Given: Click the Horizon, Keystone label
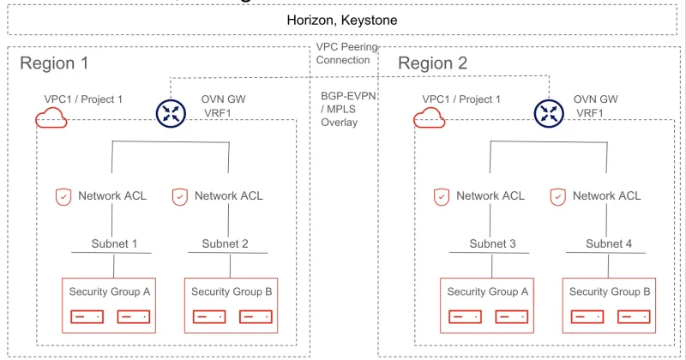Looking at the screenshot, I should [343, 19].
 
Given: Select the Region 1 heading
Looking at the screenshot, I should [54, 63].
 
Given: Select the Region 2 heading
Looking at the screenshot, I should [432, 63].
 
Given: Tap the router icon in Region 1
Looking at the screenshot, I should [170, 112].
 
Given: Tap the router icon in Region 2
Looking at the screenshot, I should [548, 112].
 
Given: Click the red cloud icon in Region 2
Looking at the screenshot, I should [430, 119].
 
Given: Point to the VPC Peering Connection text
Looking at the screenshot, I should [343, 54].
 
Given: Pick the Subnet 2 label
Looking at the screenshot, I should [226, 243].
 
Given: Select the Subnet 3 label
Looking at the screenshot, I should [492, 243].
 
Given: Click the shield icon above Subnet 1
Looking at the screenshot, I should [63, 196].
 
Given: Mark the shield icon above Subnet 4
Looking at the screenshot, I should [557, 196].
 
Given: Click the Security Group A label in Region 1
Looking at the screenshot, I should [110, 291].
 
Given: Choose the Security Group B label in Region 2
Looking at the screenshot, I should [610, 291].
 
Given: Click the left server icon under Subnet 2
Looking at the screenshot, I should [206, 316].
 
